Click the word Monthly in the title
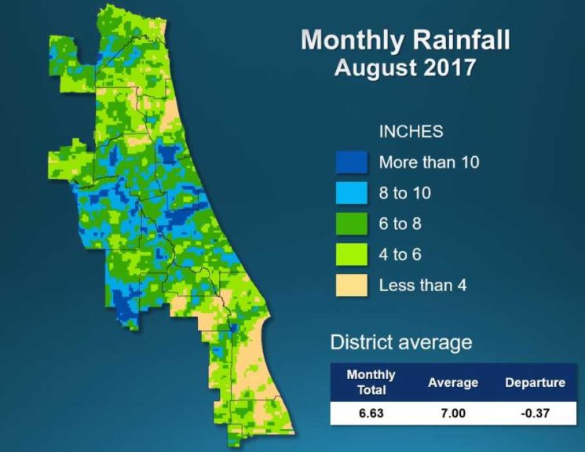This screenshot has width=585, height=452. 353,40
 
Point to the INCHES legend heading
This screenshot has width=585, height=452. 411,131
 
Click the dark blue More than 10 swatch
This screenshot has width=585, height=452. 351,162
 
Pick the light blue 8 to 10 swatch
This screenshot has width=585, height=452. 351,193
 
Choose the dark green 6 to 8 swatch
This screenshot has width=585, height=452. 351,224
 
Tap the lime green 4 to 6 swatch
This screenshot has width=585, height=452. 351,254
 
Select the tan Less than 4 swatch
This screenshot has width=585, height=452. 351,285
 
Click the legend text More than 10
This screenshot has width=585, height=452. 429,162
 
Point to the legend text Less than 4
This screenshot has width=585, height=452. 422,285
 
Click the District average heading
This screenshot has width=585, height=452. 400,342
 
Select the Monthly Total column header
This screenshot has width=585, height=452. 371,382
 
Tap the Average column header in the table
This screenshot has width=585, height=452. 453,383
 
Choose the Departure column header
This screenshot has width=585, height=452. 534,383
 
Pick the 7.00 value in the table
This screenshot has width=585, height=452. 453,413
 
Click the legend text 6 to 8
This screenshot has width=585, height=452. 400,224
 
